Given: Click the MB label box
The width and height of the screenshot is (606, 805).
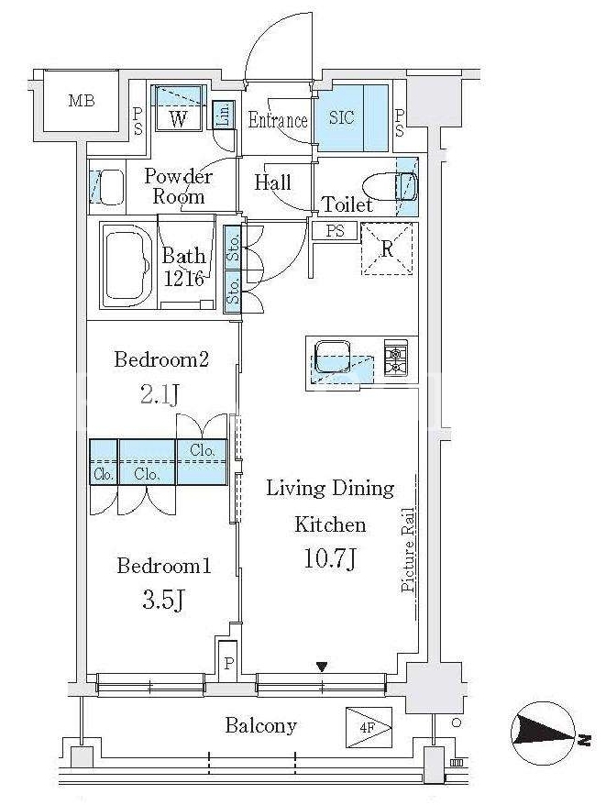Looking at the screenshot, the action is pyautogui.click(x=82, y=101).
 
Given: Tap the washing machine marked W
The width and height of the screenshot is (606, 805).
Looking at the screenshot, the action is pyautogui.click(x=178, y=108).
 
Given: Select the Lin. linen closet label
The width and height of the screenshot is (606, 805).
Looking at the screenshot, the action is pyautogui.click(x=223, y=115).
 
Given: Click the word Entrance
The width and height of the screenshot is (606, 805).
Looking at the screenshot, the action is pyautogui.click(x=278, y=120).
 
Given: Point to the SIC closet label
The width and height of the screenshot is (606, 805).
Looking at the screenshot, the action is pyautogui.click(x=342, y=117).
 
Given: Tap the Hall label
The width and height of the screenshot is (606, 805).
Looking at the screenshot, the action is pyautogui.click(x=272, y=182).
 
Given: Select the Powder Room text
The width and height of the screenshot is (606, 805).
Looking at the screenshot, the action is pyautogui.click(x=178, y=186).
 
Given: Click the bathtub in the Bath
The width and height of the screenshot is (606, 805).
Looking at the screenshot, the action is pyautogui.click(x=127, y=266).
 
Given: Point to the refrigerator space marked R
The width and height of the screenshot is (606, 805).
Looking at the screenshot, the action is pyautogui.click(x=387, y=249).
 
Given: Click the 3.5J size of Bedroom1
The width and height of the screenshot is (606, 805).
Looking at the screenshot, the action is pyautogui.click(x=163, y=600).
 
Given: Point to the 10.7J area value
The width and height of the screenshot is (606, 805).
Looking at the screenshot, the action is pyautogui.click(x=330, y=558).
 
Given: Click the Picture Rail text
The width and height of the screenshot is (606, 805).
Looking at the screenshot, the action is pyautogui.click(x=408, y=549).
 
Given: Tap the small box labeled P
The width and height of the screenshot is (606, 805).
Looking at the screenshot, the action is pyautogui.click(x=228, y=662).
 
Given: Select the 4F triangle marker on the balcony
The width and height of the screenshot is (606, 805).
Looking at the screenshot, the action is pyautogui.click(x=369, y=727).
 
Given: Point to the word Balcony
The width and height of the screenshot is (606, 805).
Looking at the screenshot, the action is pyautogui.click(x=261, y=726).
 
